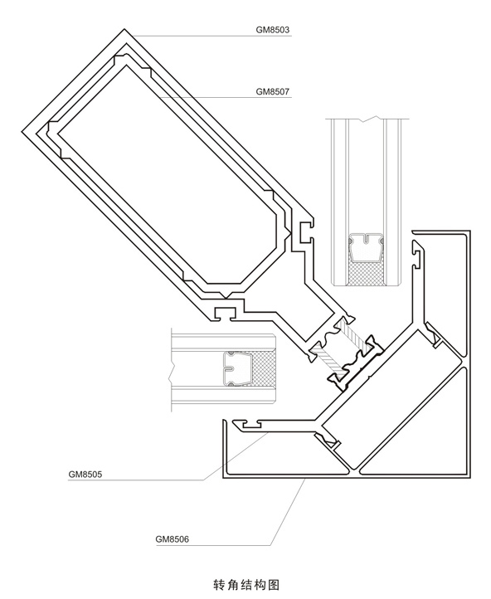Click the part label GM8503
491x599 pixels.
(x=273, y=30)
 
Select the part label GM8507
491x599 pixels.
(x=273, y=92)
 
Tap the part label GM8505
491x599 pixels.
(x=85, y=475)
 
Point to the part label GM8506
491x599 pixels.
(x=173, y=539)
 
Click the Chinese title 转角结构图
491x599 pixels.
(x=245, y=585)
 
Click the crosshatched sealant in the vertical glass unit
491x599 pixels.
(x=367, y=275)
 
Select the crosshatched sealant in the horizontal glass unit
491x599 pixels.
(x=262, y=368)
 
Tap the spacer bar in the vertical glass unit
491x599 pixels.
(x=367, y=247)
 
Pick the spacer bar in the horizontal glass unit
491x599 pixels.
(x=236, y=368)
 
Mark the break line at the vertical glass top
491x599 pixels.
(x=367, y=119)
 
